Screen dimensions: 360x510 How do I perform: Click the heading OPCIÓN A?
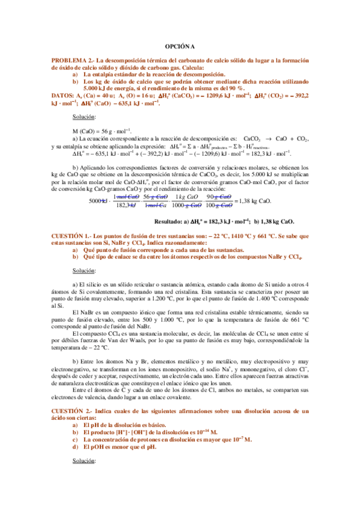click(x=180, y=46)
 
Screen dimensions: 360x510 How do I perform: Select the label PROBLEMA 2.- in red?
click(x=73, y=61)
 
